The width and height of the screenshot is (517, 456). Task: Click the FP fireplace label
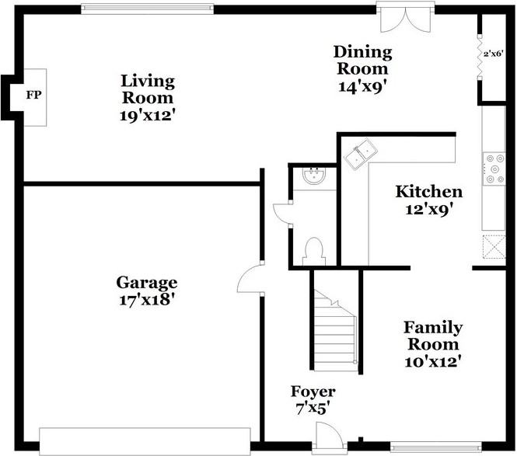34,96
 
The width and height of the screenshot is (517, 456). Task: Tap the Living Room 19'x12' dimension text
147,116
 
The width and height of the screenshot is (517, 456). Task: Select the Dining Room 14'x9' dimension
363,87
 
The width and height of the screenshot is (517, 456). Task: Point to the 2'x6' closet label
493,54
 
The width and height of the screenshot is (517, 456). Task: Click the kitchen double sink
361,154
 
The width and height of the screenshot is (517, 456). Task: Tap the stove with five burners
494,169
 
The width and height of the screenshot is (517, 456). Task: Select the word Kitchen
428,192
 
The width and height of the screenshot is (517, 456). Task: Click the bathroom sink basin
314,176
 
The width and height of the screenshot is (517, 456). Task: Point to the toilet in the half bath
314,252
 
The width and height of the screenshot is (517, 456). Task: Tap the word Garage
147,283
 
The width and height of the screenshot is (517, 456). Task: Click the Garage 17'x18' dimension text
147,300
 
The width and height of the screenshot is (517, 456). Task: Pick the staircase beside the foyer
335,330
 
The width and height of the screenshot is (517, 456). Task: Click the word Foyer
313,392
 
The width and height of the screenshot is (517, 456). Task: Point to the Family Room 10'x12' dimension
432,362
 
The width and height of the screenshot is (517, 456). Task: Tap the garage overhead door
145,441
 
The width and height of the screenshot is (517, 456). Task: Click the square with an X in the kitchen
494,246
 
